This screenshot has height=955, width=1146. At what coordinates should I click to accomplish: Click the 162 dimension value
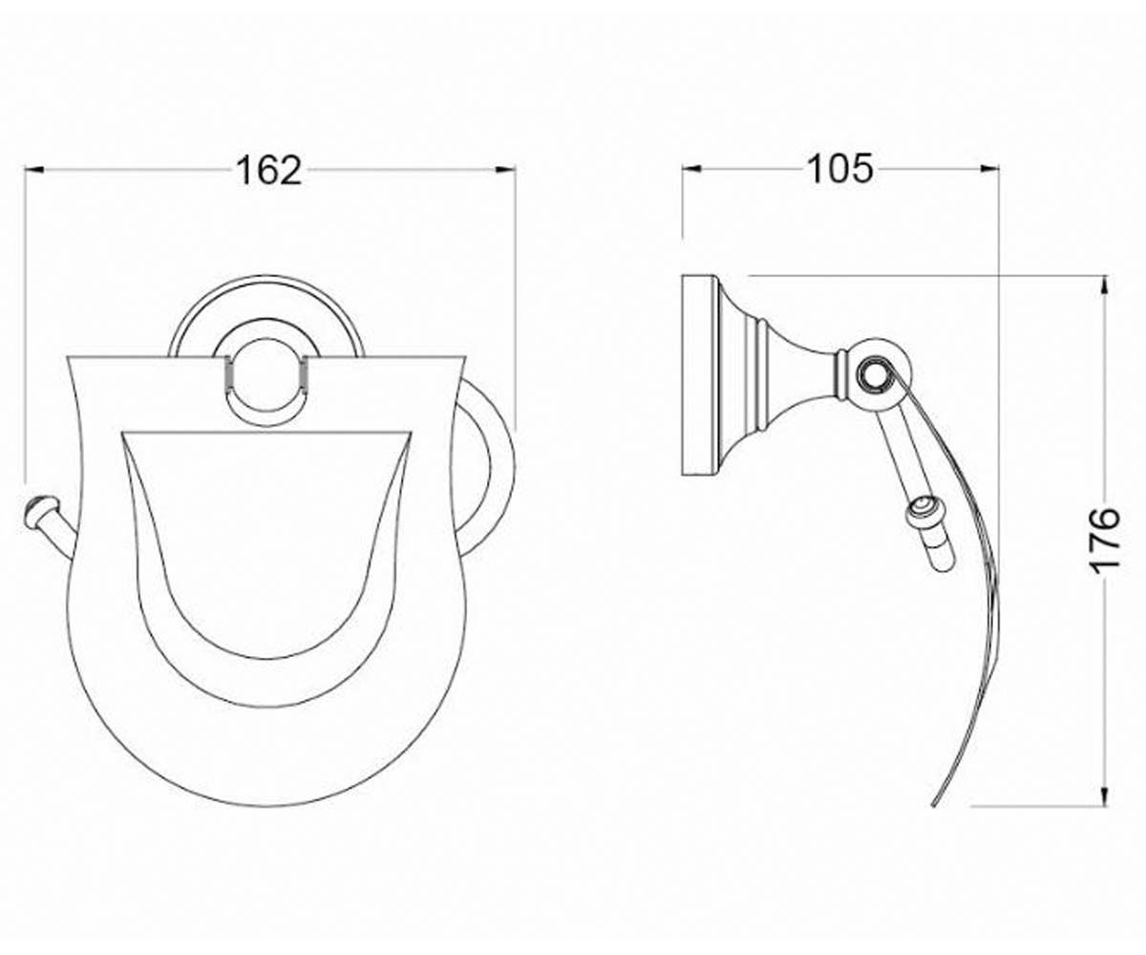click(269, 171)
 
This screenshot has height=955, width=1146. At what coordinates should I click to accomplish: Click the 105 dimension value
click(840, 170)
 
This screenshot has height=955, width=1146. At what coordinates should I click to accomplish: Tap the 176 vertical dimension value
click(1102, 541)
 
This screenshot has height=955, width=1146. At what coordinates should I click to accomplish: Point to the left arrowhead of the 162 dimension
click(34, 170)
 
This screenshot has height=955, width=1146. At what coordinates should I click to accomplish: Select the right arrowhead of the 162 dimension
click(506, 170)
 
